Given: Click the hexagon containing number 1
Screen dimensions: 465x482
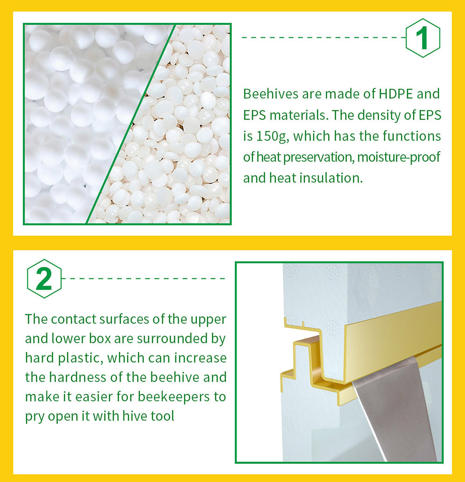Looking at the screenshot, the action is pyautogui.click(x=423, y=38).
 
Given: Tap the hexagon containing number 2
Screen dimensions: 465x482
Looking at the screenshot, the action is pyautogui.click(x=44, y=279).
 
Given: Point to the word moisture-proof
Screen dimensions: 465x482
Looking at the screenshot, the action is pyautogui.click(x=399, y=157).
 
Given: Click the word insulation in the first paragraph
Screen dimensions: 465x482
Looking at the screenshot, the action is pyautogui.click(x=331, y=178).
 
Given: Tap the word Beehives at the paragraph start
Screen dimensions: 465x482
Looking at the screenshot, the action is pyautogui.click(x=271, y=94).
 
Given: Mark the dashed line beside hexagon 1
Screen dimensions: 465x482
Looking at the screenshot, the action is pyautogui.click(x=324, y=38).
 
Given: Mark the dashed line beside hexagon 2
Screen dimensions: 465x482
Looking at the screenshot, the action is pyautogui.click(x=143, y=279).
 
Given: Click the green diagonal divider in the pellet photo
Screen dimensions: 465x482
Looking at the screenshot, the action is pyautogui.click(x=131, y=124).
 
